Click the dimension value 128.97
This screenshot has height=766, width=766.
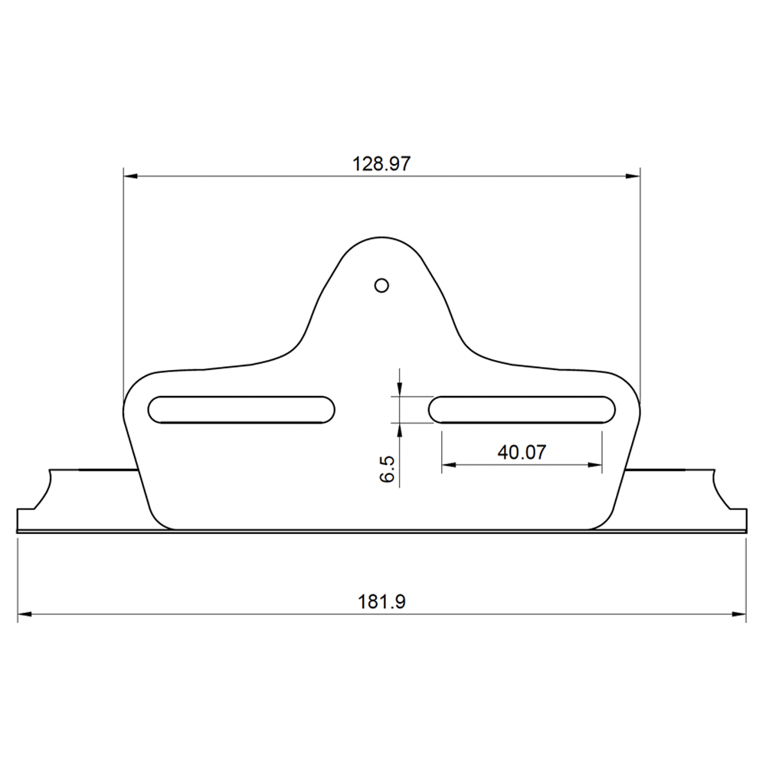381,163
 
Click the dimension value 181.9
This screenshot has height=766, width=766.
381,602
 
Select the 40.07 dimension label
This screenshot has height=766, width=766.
521,452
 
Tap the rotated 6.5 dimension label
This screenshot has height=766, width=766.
387,469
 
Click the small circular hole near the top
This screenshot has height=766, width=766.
381,285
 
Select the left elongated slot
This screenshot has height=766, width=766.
242,408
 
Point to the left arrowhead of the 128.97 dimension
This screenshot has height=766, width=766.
131,176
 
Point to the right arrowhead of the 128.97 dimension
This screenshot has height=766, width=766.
633,176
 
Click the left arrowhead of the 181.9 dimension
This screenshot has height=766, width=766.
25,614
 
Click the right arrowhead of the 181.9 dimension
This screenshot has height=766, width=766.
739,614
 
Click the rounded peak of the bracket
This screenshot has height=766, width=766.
381,238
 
